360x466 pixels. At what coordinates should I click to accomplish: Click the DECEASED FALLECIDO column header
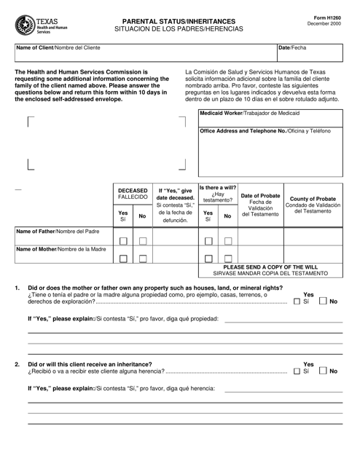[133, 194]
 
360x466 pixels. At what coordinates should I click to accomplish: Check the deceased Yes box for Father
[123, 241]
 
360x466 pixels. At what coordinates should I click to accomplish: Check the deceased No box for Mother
[143, 258]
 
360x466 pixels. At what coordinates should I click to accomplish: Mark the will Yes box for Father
[208, 241]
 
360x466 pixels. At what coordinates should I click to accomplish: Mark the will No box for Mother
[228, 258]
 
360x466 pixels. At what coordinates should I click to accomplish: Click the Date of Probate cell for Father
[260, 236]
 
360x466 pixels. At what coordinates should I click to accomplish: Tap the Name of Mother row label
[61, 250]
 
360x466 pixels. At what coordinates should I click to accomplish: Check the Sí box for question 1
[296, 301]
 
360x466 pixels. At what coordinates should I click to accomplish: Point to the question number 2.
[17, 363]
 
